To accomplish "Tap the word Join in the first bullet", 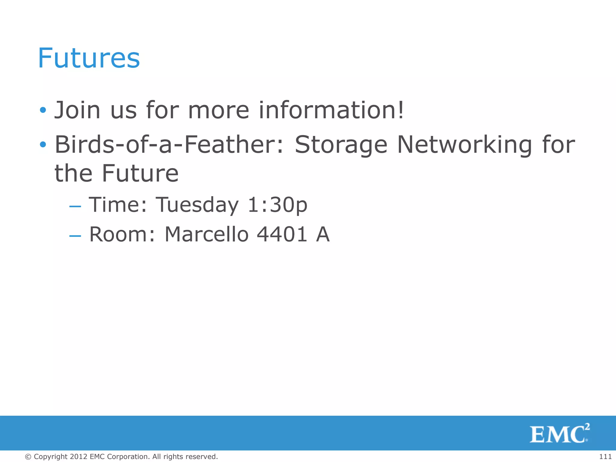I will click(x=77, y=110).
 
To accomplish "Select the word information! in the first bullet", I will click(x=331, y=110).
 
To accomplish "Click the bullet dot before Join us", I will click(x=43, y=110).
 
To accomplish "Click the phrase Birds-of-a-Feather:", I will click(x=169, y=145).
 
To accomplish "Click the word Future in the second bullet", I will click(x=140, y=174).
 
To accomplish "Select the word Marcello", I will click(x=207, y=234).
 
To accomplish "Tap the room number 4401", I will click(x=282, y=234).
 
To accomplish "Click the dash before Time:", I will click(x=75, y=207).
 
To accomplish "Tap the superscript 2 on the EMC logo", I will click(x=587, y=427).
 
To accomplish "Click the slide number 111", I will click(x=605, y=457).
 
